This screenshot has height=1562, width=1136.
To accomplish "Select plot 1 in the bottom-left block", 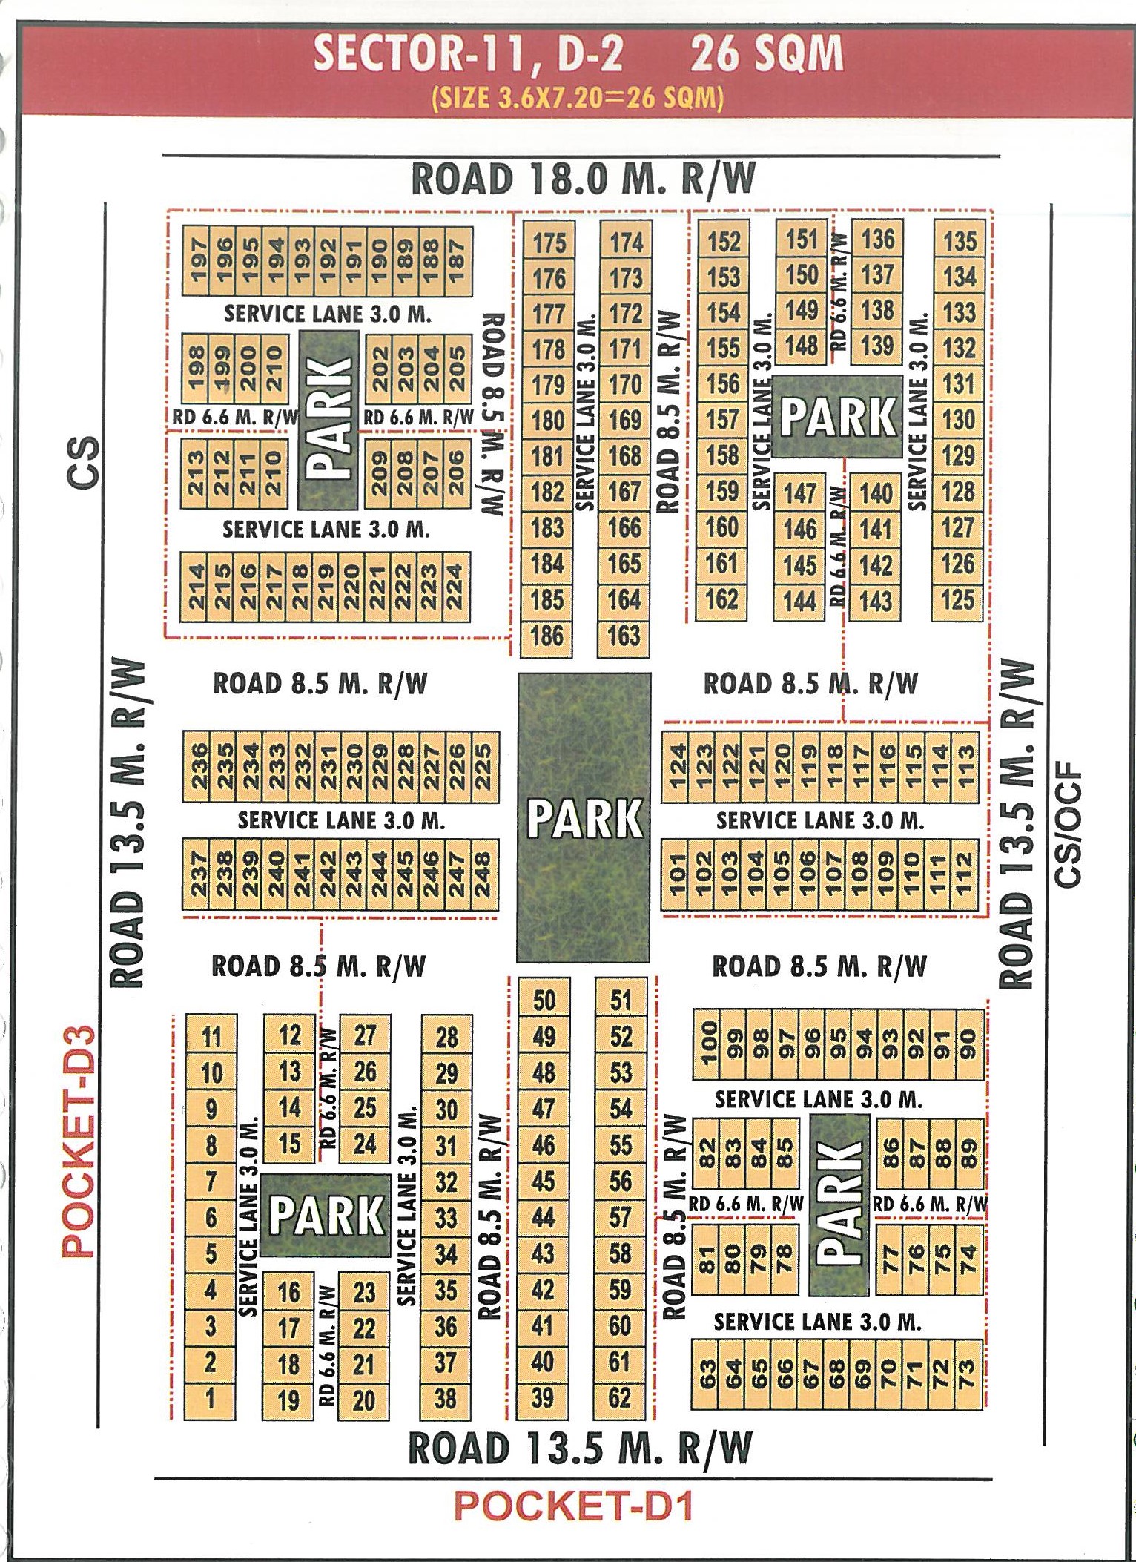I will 211,1397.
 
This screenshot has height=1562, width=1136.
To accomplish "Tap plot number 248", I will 482,872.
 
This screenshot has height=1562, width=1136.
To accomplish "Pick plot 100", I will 708,1043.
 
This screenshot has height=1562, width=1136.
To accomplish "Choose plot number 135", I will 960,241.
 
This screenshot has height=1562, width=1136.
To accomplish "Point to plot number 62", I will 620,1397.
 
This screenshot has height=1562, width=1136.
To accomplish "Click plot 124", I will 677,766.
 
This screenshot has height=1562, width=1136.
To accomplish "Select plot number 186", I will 547,636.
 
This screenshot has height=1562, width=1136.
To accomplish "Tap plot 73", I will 966,1374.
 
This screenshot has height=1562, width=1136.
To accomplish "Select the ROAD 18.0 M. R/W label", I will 584,179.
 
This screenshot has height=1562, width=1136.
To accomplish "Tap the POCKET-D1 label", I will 573,1505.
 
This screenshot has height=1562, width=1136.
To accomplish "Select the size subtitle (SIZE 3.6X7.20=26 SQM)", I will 578,98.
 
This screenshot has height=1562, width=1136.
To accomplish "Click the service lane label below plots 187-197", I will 327,314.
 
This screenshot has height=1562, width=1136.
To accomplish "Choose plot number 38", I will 446,1397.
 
